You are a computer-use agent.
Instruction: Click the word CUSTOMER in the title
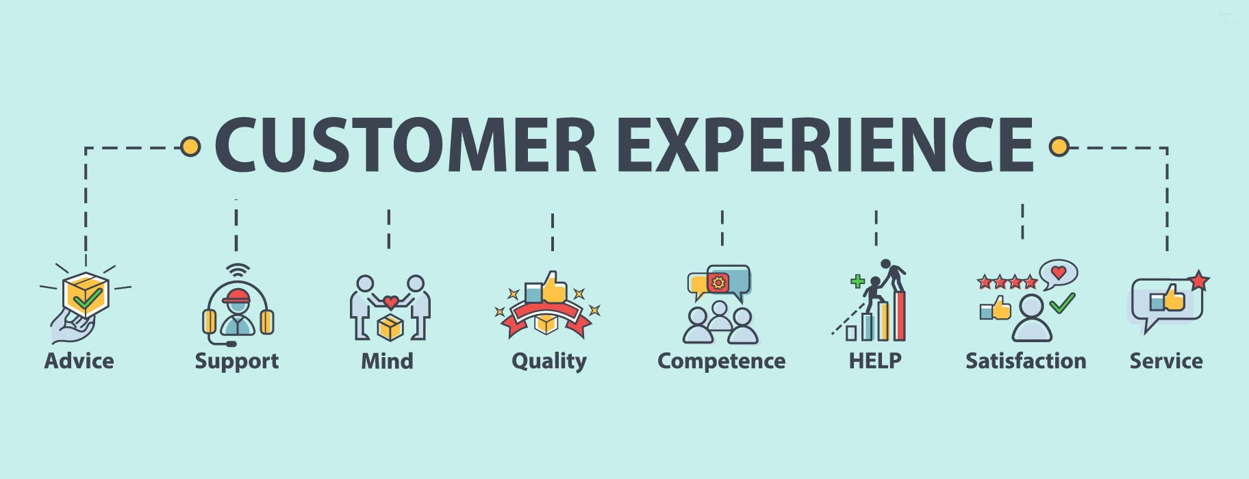click(405, 145)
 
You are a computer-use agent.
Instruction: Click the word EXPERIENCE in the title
click(825, 145)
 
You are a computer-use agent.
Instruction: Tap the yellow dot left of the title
click(190, 146)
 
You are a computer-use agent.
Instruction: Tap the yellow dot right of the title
click(1059, 146)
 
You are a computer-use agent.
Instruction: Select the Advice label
click(79, 361)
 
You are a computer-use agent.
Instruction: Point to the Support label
click(236, 361)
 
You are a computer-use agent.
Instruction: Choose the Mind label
click(387, 361)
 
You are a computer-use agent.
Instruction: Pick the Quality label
click(549, 361)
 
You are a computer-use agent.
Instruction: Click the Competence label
click(721, 361)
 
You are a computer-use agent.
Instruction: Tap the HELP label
click(875, 361)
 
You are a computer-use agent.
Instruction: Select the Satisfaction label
click(1025, 361)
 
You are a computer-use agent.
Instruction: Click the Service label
click(1165, 361)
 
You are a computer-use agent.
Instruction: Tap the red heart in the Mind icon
click(390, 302)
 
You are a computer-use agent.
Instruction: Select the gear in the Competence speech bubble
click(718, 282)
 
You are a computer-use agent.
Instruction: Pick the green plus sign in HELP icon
click(857, 281)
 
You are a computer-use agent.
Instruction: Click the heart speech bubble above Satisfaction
click(1059, 273)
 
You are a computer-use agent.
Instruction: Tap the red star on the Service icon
click(1198, 281)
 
